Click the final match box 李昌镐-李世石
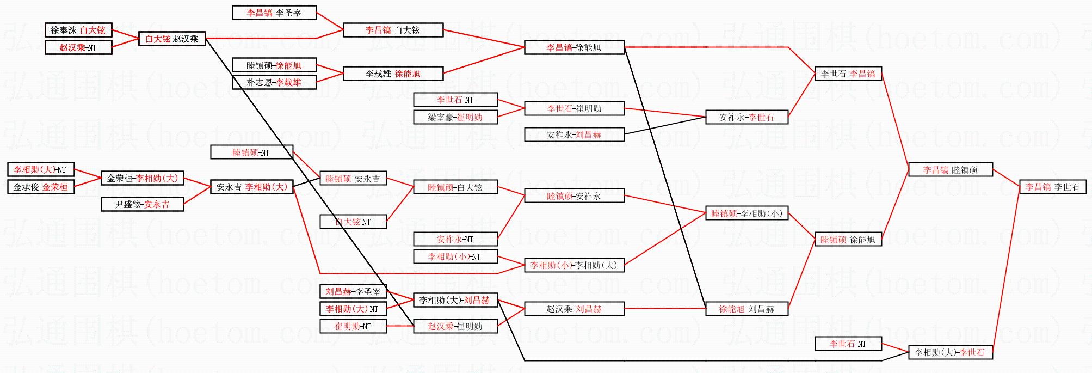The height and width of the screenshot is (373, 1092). [1052, 187]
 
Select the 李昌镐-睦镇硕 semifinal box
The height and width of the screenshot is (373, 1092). [950, 170]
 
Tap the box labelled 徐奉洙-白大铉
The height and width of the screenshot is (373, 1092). [78, 30]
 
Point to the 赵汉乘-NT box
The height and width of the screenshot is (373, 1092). [78, 47]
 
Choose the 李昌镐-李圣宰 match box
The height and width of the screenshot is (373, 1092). [274, 13]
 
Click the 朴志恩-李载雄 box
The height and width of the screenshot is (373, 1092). [274, 83]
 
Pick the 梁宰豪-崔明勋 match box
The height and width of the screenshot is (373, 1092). [455, 117]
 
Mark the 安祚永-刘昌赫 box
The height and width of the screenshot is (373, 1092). [574, 134]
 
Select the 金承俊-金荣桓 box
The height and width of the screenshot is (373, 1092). [41, 187]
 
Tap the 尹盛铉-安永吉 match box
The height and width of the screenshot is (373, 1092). [142, 205]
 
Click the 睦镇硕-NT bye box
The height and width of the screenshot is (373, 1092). [251, 152]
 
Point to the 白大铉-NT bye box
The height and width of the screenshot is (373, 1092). [353, 222]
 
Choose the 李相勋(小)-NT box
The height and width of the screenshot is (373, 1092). [455, 256]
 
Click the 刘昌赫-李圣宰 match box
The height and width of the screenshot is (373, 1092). [353, 291]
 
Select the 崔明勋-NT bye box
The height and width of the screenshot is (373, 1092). [353, 326]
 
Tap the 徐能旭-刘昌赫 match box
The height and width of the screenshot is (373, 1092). [746, 309]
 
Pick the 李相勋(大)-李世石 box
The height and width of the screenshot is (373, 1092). [950, 352]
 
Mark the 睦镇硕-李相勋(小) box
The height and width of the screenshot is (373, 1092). [746, 213]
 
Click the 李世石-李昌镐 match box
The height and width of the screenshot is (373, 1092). [848, 74]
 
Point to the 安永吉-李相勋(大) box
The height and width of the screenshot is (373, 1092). [251, 187]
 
